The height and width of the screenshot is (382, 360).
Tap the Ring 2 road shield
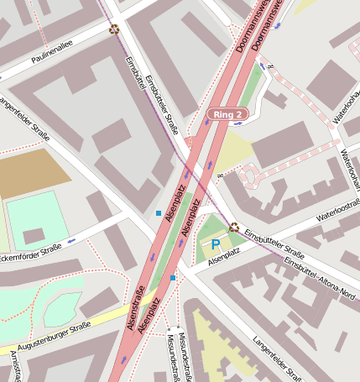coord(227,113)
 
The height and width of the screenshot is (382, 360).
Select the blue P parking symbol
coord(215,245)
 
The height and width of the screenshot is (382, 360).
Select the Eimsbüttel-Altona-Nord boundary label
coord(320,278)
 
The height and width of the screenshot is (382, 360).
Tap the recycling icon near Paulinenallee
coord(113,29)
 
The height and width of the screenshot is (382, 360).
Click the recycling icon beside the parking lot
coord(234,227)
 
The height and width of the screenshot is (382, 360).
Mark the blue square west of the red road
coord(158,213)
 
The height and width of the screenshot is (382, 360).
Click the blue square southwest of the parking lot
coord(173,277)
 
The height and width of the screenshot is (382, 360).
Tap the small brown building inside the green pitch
coord(34,236)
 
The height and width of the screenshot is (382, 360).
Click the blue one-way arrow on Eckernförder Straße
coord(70,241)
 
